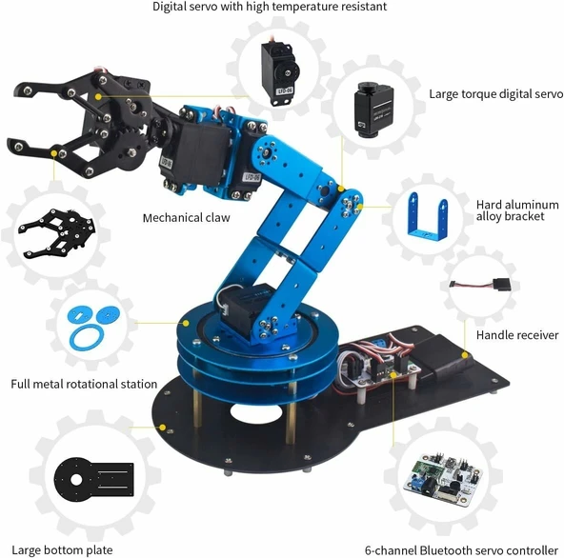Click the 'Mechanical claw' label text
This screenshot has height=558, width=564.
pyautogui.click(x=185, y=217)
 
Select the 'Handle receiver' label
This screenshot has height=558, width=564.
pyautogui.click(x=517, y=335)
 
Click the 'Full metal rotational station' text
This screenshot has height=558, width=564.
pyautogui.click(x=84, y=384)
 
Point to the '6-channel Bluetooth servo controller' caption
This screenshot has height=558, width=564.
pyautogui.click(x=461, y=549)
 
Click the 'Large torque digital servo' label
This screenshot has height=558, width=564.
pyautogui.click(x=495, y=94)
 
